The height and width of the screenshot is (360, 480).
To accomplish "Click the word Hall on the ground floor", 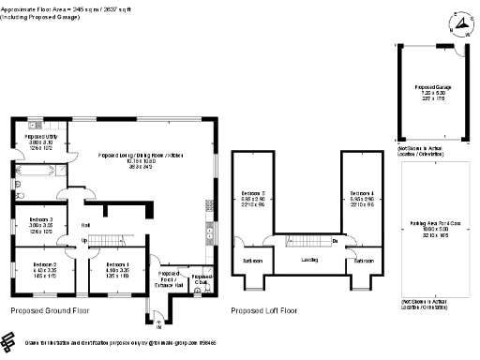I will (85, 225).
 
